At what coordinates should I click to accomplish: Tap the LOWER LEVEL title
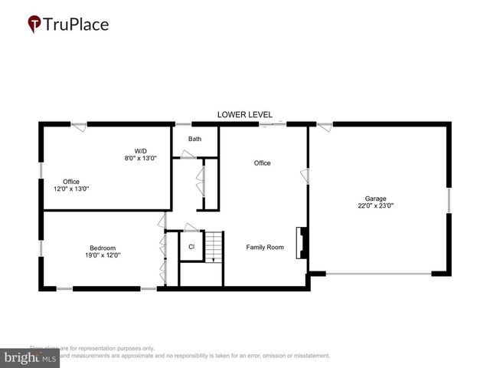(x=244, y=114)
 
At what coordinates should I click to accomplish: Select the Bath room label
(x=195, y=139)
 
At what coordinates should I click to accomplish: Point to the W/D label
(x=141, y=150)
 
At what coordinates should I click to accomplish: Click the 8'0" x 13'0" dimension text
(x=141, y=158)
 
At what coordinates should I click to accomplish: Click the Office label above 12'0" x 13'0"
(x=71, y=182)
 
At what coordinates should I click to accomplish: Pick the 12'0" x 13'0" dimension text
(x=71, y=189)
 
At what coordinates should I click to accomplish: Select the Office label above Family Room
(x=263, y=163)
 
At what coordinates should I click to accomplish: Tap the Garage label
(x=376, y=198)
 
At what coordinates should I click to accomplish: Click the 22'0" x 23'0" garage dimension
(x=376, y=205)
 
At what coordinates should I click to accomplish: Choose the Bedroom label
(x=102, y=248)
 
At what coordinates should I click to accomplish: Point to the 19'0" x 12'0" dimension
(x=102, y=255)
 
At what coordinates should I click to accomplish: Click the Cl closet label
(x=191, y=247)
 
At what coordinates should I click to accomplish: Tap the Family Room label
(x=265, y=248)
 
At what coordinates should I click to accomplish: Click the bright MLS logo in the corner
(x=31, y=357)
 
